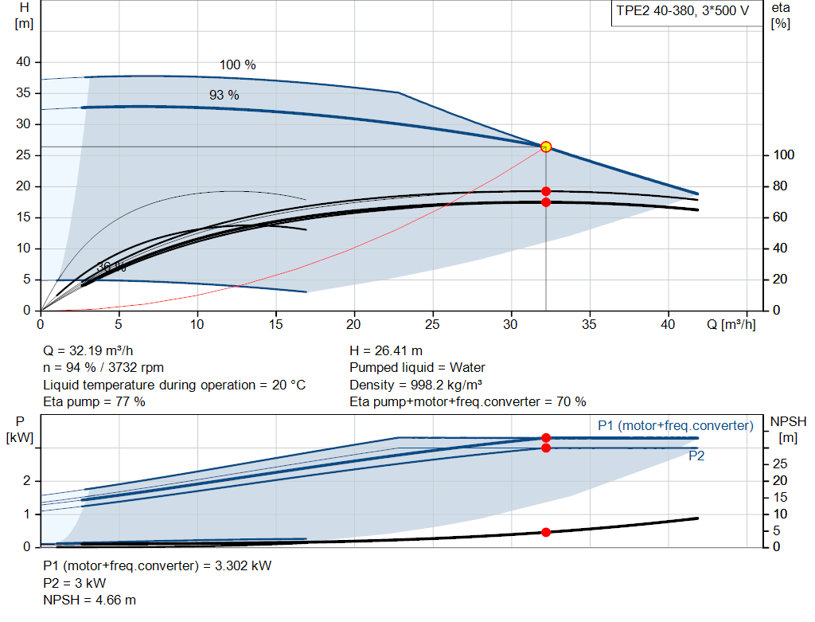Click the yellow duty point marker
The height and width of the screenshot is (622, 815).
pyautogui.click(x=546, y=147)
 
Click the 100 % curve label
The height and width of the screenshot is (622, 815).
pyautogui.click(x=237, y=65)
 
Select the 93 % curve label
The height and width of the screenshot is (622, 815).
pyautogui.click(x=224, y=95)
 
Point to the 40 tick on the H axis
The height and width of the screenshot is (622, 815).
pyautogui.click(x=24, y=62)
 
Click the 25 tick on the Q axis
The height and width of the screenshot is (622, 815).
pyautogui.click(x=433, y=325)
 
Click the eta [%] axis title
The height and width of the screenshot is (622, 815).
pyautogui.click(x=781, y=15)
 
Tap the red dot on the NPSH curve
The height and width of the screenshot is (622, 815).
pyautogui.click(x=546, y=532)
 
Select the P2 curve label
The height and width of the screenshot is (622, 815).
pyautogui.click(x=696, y=456)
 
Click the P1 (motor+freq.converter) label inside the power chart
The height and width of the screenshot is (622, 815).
pyautogui.click(x=675, y=426)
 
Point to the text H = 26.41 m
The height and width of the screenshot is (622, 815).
pyautogui.click(x=385, y=350)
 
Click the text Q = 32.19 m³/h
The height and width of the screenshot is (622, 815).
pyautogui.click(x=88, y=350)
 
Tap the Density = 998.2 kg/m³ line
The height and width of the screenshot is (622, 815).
pyautogui.click(x=416, y=385)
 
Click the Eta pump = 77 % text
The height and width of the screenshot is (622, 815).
pyautogui.click(x=94, y=401)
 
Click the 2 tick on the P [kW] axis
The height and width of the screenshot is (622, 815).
pyautogui.click(x=26, y=481)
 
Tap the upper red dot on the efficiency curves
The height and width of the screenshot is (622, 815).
pyautogui.click(x=546, y=191)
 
